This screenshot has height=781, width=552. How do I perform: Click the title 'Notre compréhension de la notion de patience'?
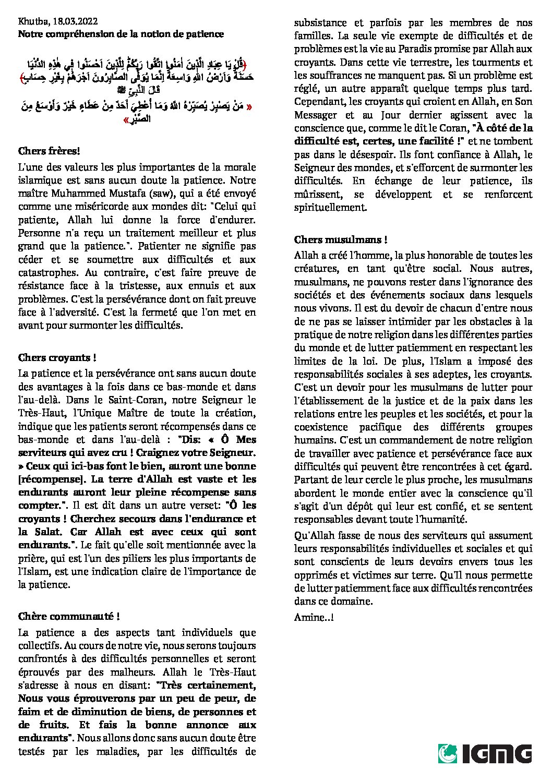(121, 34)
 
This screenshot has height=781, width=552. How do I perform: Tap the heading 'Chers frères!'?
(49, 151)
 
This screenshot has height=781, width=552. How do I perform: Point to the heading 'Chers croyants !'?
(57, 358)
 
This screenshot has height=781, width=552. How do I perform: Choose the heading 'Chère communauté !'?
(69, 617)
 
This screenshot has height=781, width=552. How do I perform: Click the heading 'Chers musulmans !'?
(340, 240)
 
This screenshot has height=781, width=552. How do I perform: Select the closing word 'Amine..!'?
(314, 617)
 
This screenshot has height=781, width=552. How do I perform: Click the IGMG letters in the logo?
(496, 754)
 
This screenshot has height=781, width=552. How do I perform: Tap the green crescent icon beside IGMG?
(448, 754)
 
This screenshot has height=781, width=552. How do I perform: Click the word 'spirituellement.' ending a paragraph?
(330, 208)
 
